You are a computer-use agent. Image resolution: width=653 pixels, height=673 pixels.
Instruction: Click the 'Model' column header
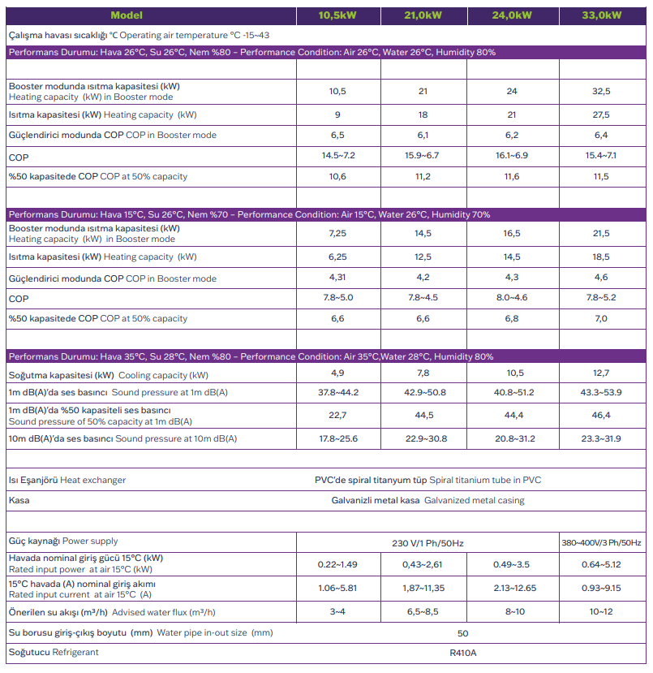pos(127,15)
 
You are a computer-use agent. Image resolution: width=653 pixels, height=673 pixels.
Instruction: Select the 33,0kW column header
pos(601,15)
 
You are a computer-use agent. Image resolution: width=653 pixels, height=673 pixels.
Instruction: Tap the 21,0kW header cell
pos(423,15)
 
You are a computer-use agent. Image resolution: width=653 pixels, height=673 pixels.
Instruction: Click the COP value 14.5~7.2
pos(338,155)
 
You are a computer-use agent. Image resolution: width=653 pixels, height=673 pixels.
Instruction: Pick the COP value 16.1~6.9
pos(512,155)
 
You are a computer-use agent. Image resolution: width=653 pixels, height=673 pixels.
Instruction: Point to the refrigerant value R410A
pos(463,652)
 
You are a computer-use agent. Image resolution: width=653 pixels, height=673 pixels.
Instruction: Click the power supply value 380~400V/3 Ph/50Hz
pos(601,542)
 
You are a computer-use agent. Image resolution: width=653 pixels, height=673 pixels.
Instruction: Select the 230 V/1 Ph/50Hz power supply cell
pos(427,542)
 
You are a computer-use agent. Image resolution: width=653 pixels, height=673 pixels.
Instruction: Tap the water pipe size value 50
pos(463,633)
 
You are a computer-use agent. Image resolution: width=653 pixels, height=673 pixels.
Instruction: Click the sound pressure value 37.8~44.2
pos(338,393)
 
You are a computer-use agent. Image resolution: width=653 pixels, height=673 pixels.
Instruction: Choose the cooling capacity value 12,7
pos(601,373)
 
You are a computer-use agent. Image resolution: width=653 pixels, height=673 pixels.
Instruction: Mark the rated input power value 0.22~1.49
pos(338,564)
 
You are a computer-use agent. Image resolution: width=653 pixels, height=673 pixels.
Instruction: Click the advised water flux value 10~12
pos(601,610)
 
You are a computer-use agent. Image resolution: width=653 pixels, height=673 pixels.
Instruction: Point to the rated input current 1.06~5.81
pos(338,589)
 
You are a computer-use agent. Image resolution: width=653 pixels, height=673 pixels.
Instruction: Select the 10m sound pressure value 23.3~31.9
pos(601,439)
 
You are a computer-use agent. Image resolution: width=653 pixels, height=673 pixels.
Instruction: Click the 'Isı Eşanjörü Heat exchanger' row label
pos(67,480)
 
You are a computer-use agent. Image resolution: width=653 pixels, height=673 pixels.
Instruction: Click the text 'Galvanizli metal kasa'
pos(376,500)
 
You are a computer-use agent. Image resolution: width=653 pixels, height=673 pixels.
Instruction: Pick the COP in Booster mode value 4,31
pos(338,278)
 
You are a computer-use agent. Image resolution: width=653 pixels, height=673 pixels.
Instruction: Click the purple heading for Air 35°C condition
pos(251,356)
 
